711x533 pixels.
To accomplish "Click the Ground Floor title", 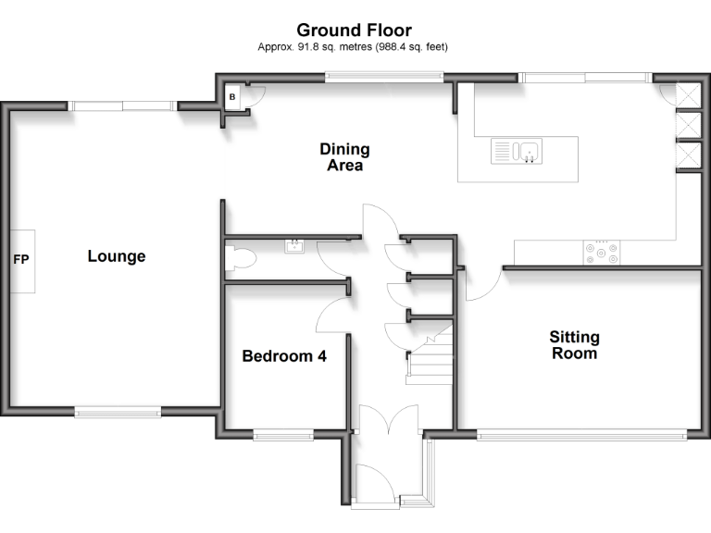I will click(355, 31).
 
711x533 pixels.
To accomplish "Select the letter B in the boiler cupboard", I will click(233, 96).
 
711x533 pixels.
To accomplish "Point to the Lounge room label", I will click(117, 256).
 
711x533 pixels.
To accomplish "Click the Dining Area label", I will click(344, 157).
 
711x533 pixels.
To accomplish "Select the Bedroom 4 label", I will click(283, 356).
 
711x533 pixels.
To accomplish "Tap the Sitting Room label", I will click(574, 345).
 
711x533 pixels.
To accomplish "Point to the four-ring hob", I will click(602, 252).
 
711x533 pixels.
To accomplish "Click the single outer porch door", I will click(380, 481).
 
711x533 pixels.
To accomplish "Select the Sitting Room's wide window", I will click(581, 433).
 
